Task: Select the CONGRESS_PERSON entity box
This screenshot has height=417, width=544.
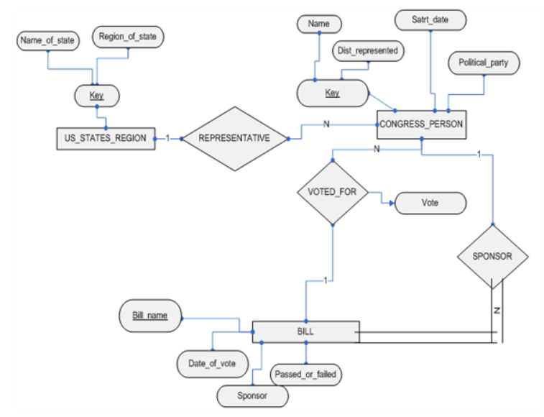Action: pyautogui.click(x=421, y=124)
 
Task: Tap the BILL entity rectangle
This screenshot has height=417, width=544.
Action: pyautogui.click(x=305, y=332)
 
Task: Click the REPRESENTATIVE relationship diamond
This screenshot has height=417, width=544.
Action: pyautogui.click(x=234, y=138)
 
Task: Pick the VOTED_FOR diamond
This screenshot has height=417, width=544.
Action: pyautogui.click(x=332, y=193)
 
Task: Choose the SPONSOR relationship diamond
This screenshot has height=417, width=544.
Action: pyautogui.click(x=492, y=256)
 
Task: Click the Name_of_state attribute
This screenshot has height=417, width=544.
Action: pyautogui.click(x=47, y=42)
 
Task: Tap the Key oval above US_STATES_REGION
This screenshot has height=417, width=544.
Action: pyautogui.click(x=97, y=94)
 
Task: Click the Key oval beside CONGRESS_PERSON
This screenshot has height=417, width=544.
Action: pyautogui.click(x=332, y=93)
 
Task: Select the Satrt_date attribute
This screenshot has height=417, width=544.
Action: pyautogui.click(x=430, y=19)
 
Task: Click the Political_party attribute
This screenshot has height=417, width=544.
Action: pyautogui.click(x=484, y=63)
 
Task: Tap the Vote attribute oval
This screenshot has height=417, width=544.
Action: pyautogui.click(x=430, y=203)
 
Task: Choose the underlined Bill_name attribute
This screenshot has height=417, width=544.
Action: pyautogui.click(x=149, y=316)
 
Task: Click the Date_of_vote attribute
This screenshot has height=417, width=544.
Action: pyautogui.click(x=212, y=363)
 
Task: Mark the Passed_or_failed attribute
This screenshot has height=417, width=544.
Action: pyautogui.click(x=306, y=374)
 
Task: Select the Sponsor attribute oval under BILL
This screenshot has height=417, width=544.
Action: pyautogui.click(x=252, y=395)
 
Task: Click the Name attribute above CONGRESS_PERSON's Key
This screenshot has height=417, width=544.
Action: pyautogui.click(x=318, y=24)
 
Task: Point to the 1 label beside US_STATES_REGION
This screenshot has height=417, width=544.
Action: pyautogui.click(x=167, y=138)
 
